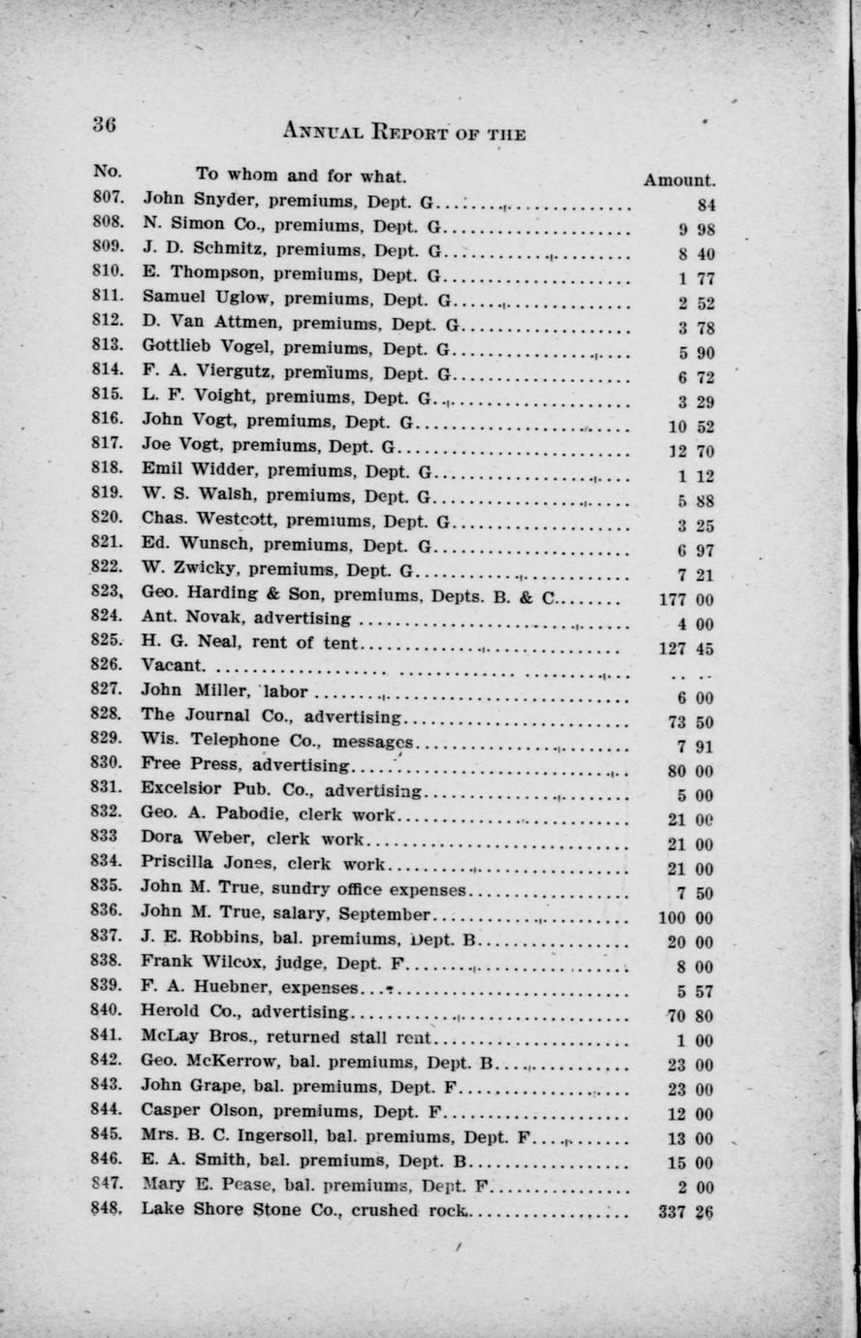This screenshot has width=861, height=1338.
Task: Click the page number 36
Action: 105,124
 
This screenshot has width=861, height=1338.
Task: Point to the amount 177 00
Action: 686,600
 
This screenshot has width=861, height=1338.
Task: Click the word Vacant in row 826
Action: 173,665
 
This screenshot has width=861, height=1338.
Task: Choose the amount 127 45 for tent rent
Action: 686,650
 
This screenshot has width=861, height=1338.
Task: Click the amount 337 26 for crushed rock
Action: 686,1210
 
